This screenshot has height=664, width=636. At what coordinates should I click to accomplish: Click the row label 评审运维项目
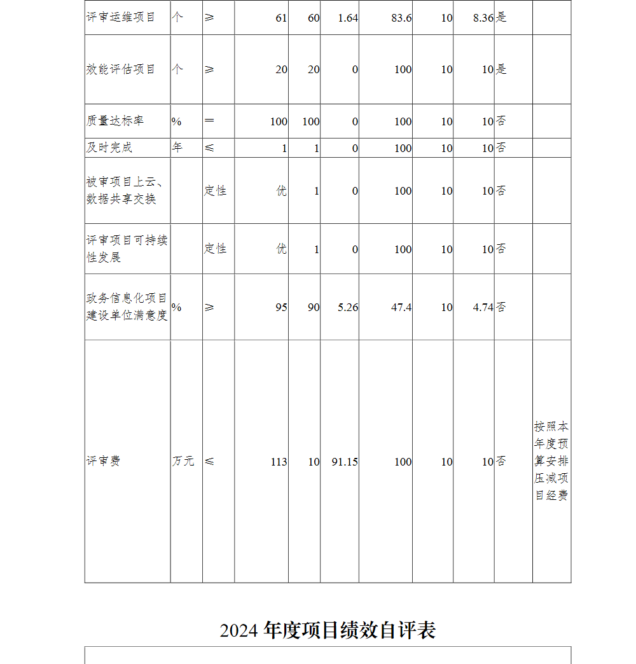pyautogui.click(x=121, y=17)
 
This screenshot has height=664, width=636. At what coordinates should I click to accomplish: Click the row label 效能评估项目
pyautogui.click(x=121, y=69)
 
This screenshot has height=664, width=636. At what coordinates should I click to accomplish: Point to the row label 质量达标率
pyautogui.click(x=115, y=121)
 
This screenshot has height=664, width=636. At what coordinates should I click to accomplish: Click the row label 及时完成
pyautogui.click(x=109, y=148)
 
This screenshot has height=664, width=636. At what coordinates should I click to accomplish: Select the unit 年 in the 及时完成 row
pyautogui.click(x=177, y=148)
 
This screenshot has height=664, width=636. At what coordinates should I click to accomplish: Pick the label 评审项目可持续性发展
pyautogui.click(x=127, y=249)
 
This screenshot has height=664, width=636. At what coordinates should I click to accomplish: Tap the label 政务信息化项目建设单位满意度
pyautogui.click(x=127, y=307)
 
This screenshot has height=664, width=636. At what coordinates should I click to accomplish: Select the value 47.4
pyautogui.click(x=401, y=307)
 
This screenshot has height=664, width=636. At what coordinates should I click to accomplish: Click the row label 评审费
pyautogui.click(x=104, y=461)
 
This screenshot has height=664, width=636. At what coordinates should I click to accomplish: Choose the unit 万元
pyautogui.click(x=183, y=461)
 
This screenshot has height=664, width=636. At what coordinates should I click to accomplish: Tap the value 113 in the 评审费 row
pyautogui.click(x=279, y=462)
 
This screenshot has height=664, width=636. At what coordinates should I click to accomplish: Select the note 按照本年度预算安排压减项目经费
pyautogui.click(x=551, y=461)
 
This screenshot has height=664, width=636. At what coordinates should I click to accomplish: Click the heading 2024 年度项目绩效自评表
pyautogui.click(x=328, y=630)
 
